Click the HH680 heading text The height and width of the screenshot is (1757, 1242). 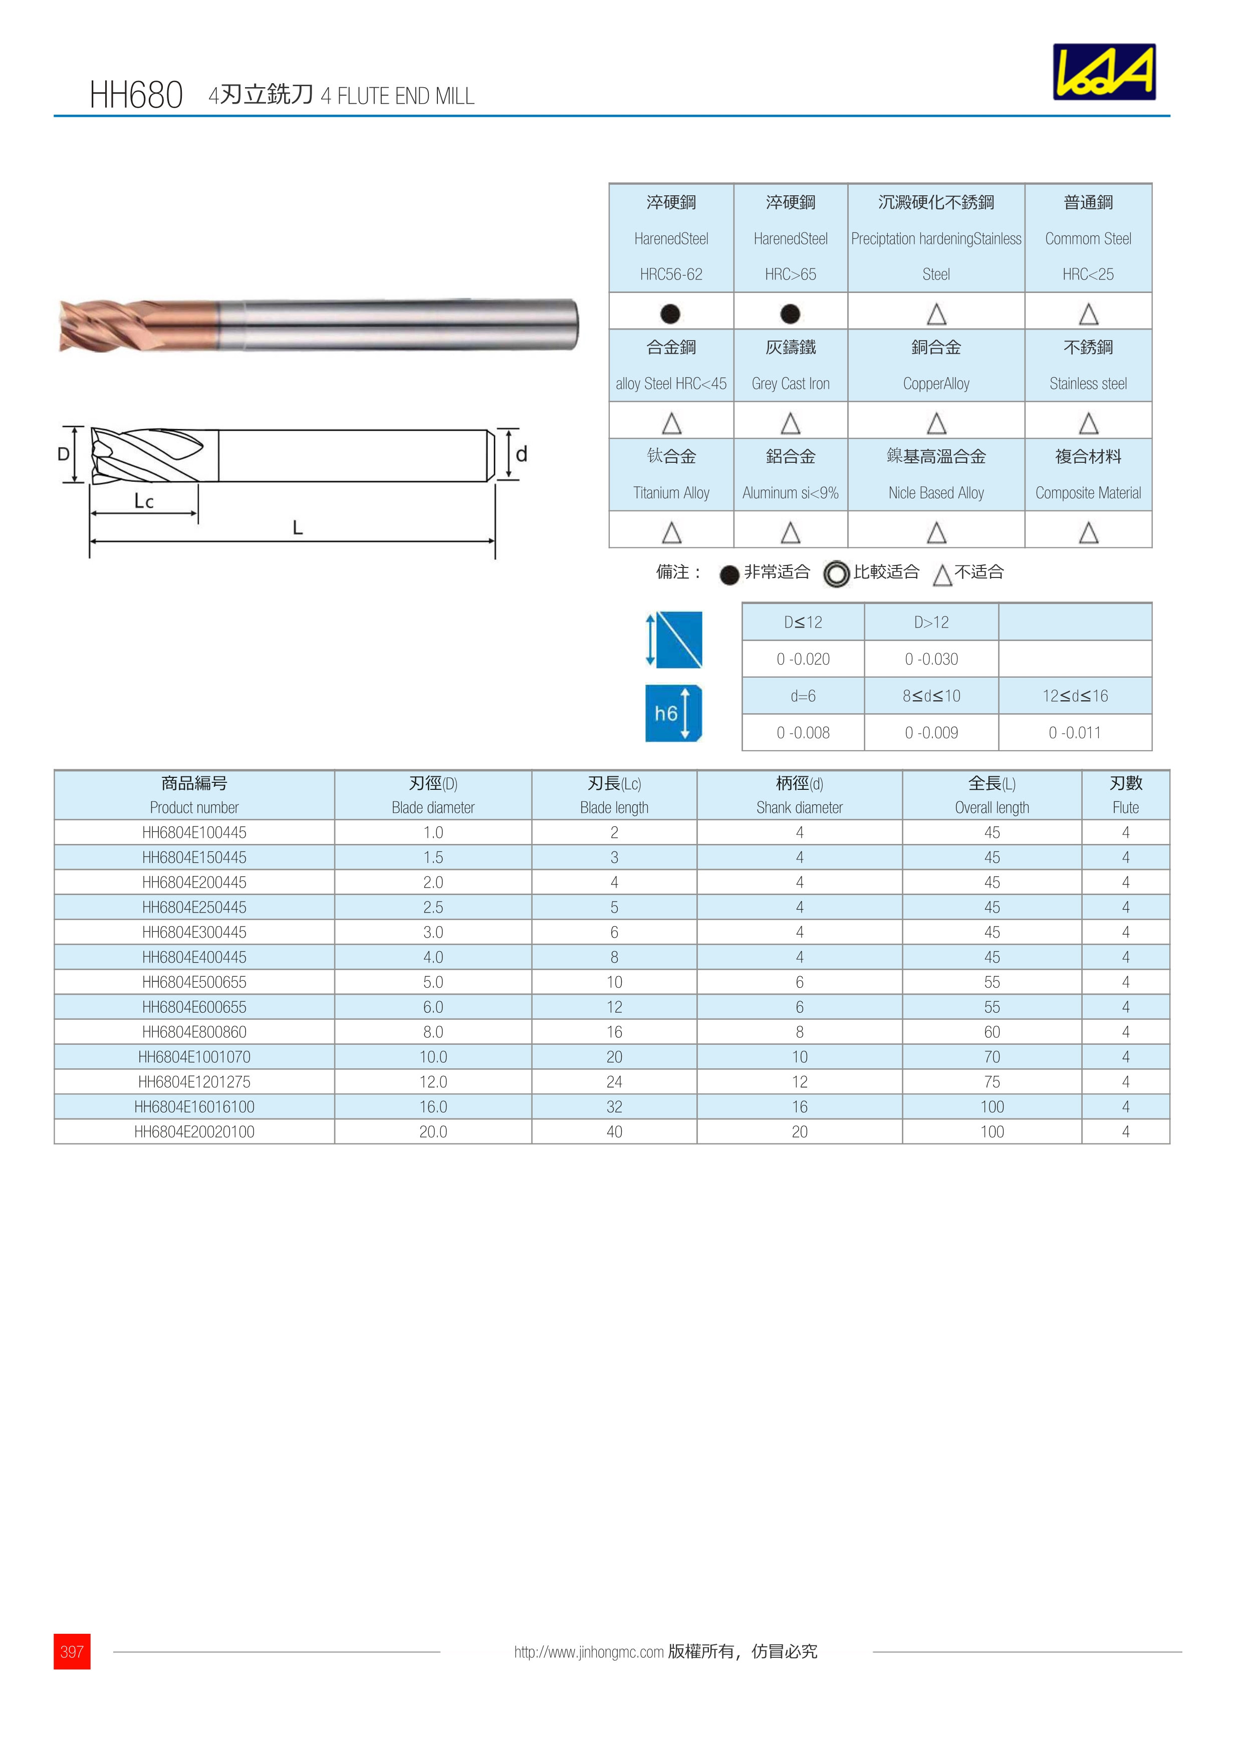point(136,96)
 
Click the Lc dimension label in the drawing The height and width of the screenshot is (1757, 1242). point(144,501)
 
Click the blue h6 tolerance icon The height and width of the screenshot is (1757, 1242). point(673,713)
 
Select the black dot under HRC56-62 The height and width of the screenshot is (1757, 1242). point(670,314)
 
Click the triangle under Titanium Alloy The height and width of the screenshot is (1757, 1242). point(671,532)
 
